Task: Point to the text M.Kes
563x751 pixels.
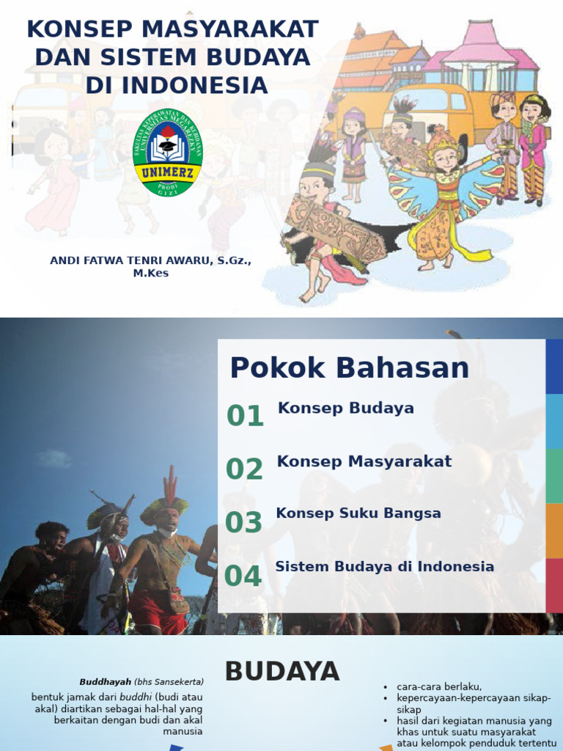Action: pos(151,273)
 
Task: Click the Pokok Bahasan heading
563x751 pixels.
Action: pos(350,367)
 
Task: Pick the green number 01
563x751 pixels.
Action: pos(245,416)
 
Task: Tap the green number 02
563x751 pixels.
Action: pos(244,469)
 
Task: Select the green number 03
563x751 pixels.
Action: pos(243,522)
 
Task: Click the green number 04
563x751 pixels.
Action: pos(243,576)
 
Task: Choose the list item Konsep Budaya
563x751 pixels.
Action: pos(346,409)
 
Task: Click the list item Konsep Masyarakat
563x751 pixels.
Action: pos(364,461)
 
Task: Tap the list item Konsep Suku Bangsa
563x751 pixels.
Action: pos(358,513)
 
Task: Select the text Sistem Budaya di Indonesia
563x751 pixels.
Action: pos(384,566)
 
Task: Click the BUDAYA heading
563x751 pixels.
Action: pos(281,671)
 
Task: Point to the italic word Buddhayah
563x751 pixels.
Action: pos(106,681)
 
